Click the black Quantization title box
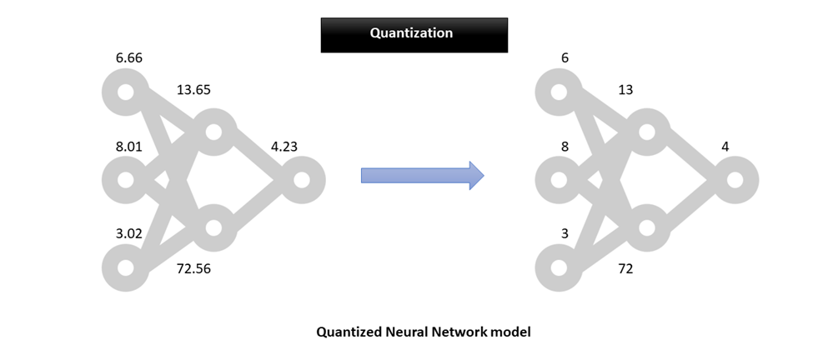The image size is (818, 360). [x=414, y=34]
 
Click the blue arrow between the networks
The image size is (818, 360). [x=422, y=174]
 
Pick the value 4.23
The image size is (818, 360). [x=284, y=147]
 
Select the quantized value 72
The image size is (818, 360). [x=625, y=268]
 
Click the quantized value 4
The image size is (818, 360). [x=725, y=147]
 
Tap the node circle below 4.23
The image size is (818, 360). [x=301, y=180]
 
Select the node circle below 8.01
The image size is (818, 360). [x=125, y=180]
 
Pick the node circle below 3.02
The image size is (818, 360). [x=125, y=268]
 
